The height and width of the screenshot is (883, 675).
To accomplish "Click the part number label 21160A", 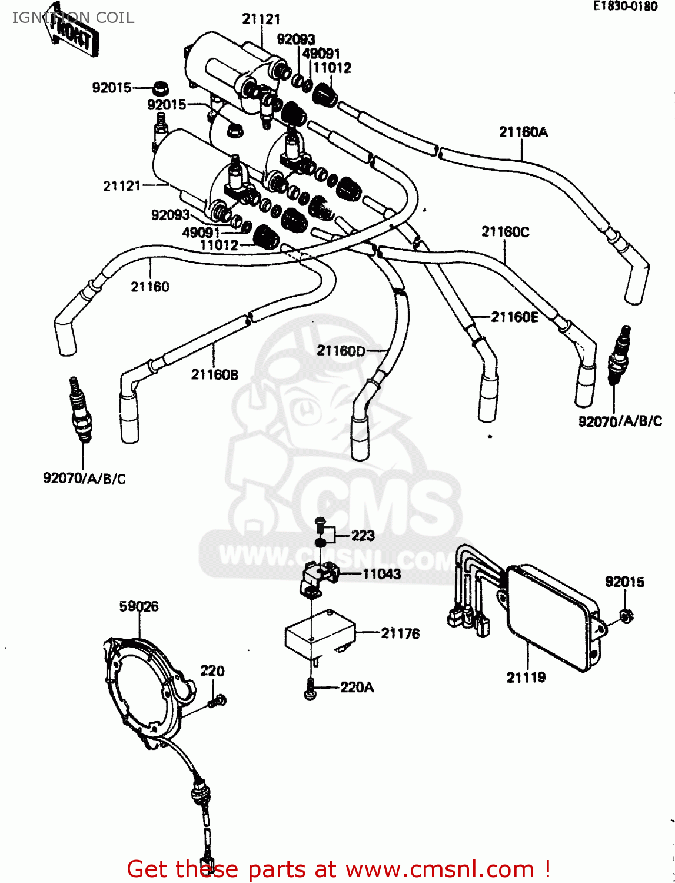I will click(x=523, y=132).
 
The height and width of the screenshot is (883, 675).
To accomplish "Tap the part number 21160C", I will click(x=505, y=232).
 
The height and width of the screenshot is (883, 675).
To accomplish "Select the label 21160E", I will click(x=514, y=317).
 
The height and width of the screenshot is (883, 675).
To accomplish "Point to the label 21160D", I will click(x=341, y=351).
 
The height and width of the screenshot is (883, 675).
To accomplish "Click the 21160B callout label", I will click(x=215, y=374).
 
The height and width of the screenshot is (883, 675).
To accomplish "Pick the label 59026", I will click(x=139, y=606).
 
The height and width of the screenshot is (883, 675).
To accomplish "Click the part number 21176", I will click(x=400, y=633).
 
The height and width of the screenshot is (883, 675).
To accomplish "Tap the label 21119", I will click(x=526, y=678).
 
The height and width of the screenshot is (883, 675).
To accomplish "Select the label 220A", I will click(x=357, y=687).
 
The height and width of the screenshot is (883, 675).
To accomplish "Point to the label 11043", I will click(x=381, y=574).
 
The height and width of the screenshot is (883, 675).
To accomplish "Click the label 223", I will click(x=363, y=536).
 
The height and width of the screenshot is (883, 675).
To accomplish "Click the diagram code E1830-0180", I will click(x=625, y=6).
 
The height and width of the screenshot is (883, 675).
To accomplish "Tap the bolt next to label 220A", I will click(x=310, y=689).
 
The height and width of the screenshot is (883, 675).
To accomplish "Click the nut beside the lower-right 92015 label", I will click(x=626, y=616).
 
